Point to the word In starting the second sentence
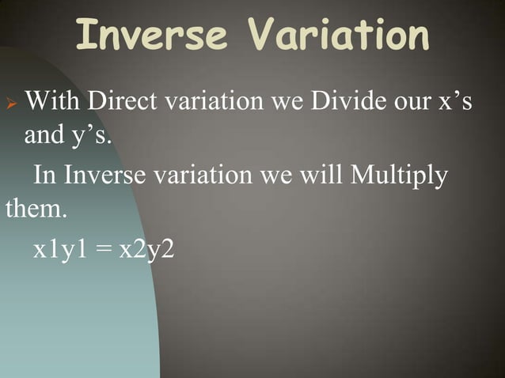coord(44,176)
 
